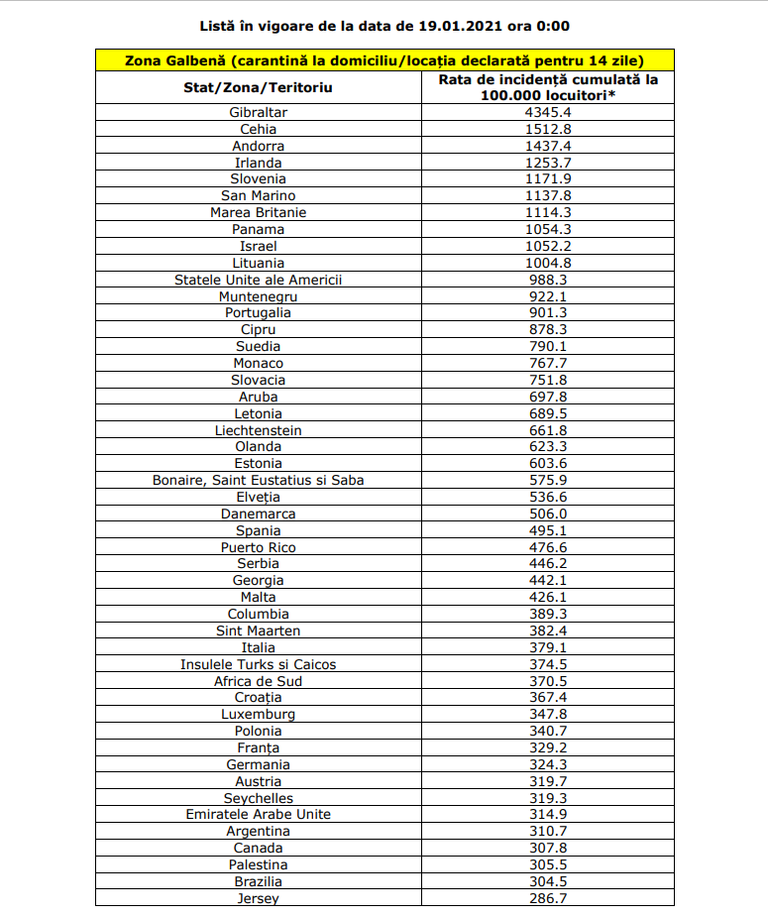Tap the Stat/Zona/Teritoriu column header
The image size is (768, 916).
[x=258, y=87]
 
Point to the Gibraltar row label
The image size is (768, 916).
[x=258, y=112]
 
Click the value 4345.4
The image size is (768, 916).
[x=548, y=112]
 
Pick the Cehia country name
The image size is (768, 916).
[x=258, y=129]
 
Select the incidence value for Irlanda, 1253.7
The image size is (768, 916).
[x=548, y=163]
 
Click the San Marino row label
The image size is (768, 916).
[x=258, y=195]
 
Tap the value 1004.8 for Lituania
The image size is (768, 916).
[x=548, y=263]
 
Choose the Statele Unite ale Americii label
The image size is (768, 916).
[x=258, y=280]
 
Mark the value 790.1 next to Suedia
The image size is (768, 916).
[x=548, y=346]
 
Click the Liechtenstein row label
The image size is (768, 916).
[x=258, y=430]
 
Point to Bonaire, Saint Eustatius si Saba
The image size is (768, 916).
[x=258, y=480]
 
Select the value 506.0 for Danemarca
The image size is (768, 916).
[x=548, y=514]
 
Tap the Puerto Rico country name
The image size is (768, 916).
[x=258, y=547]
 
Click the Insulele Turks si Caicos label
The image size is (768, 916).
[x=258, y=664]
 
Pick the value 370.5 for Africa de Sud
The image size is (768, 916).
[x=548, y=681]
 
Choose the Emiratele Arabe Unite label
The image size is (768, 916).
[x=258, y=814]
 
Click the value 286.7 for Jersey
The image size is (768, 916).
[x=548, y=898]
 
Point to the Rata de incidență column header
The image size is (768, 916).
[x=548, y=87]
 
